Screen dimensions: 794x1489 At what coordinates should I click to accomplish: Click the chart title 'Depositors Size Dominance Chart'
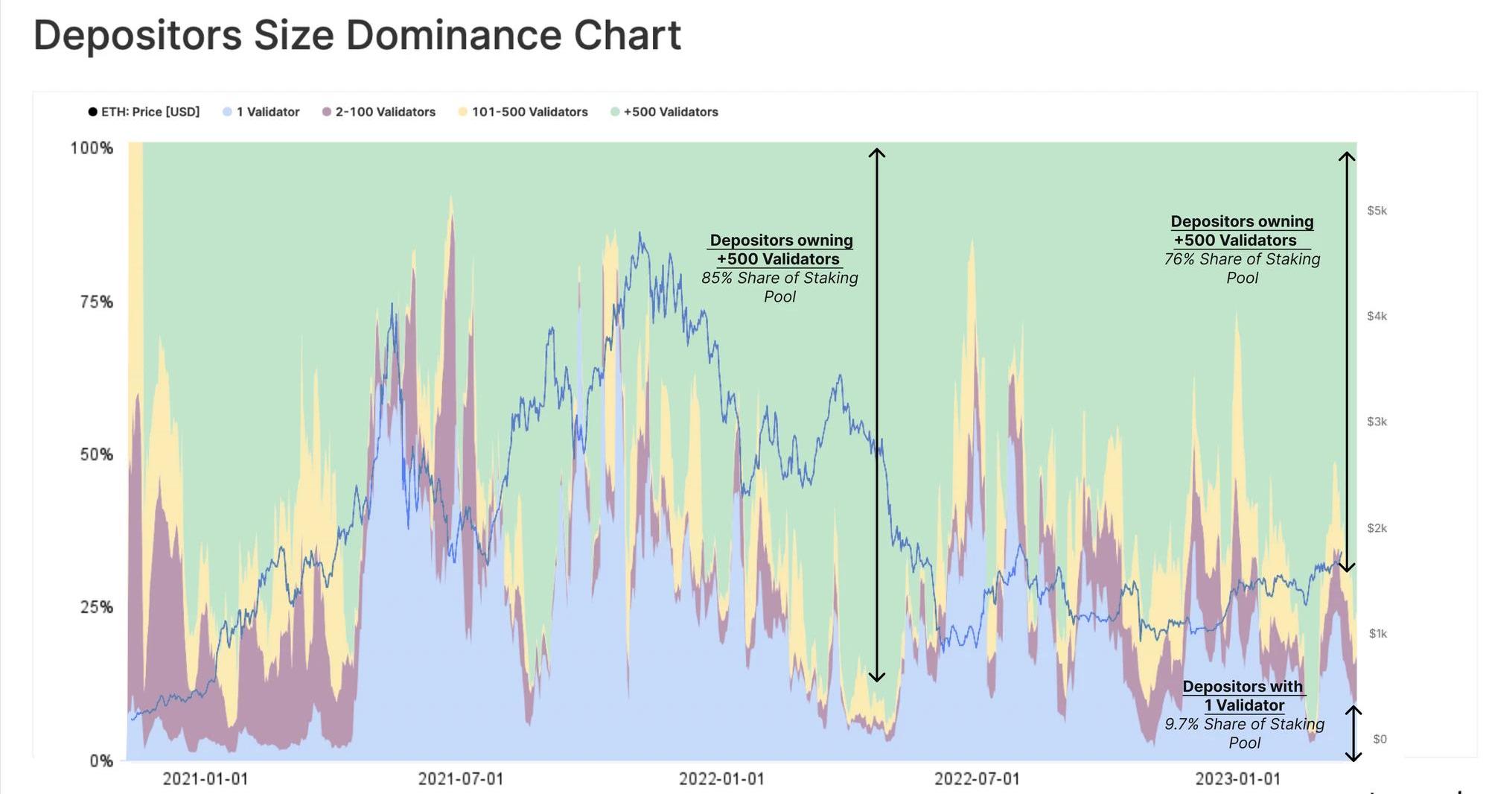357,35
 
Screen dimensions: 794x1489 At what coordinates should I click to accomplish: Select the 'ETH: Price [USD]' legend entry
144,112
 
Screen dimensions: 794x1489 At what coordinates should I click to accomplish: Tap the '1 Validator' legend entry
261,112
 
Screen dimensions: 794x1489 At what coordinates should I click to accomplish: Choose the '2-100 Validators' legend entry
379,112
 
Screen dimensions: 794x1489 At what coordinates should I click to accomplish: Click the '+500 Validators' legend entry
665,112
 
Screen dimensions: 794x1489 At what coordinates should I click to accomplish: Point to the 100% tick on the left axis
92,148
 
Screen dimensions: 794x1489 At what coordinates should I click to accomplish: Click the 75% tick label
96,302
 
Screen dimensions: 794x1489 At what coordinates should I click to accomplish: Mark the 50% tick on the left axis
96,454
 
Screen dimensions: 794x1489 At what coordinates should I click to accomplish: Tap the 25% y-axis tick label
96,607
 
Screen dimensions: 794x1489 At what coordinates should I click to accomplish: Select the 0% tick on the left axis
101,760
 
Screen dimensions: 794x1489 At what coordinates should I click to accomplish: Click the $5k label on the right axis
1377,211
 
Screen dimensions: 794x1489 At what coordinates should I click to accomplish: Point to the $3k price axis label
1377,422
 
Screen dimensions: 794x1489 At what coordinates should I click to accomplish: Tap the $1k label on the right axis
1377,633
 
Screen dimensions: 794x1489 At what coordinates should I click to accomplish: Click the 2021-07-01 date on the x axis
460,778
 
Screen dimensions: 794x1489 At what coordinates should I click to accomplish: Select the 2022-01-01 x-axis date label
721,778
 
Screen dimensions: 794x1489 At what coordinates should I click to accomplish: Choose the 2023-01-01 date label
1237,778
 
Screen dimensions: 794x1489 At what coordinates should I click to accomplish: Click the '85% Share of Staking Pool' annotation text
779,287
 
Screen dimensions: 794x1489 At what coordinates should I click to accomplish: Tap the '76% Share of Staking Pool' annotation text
1242,268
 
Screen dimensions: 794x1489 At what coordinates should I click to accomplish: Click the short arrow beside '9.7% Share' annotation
1353,734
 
